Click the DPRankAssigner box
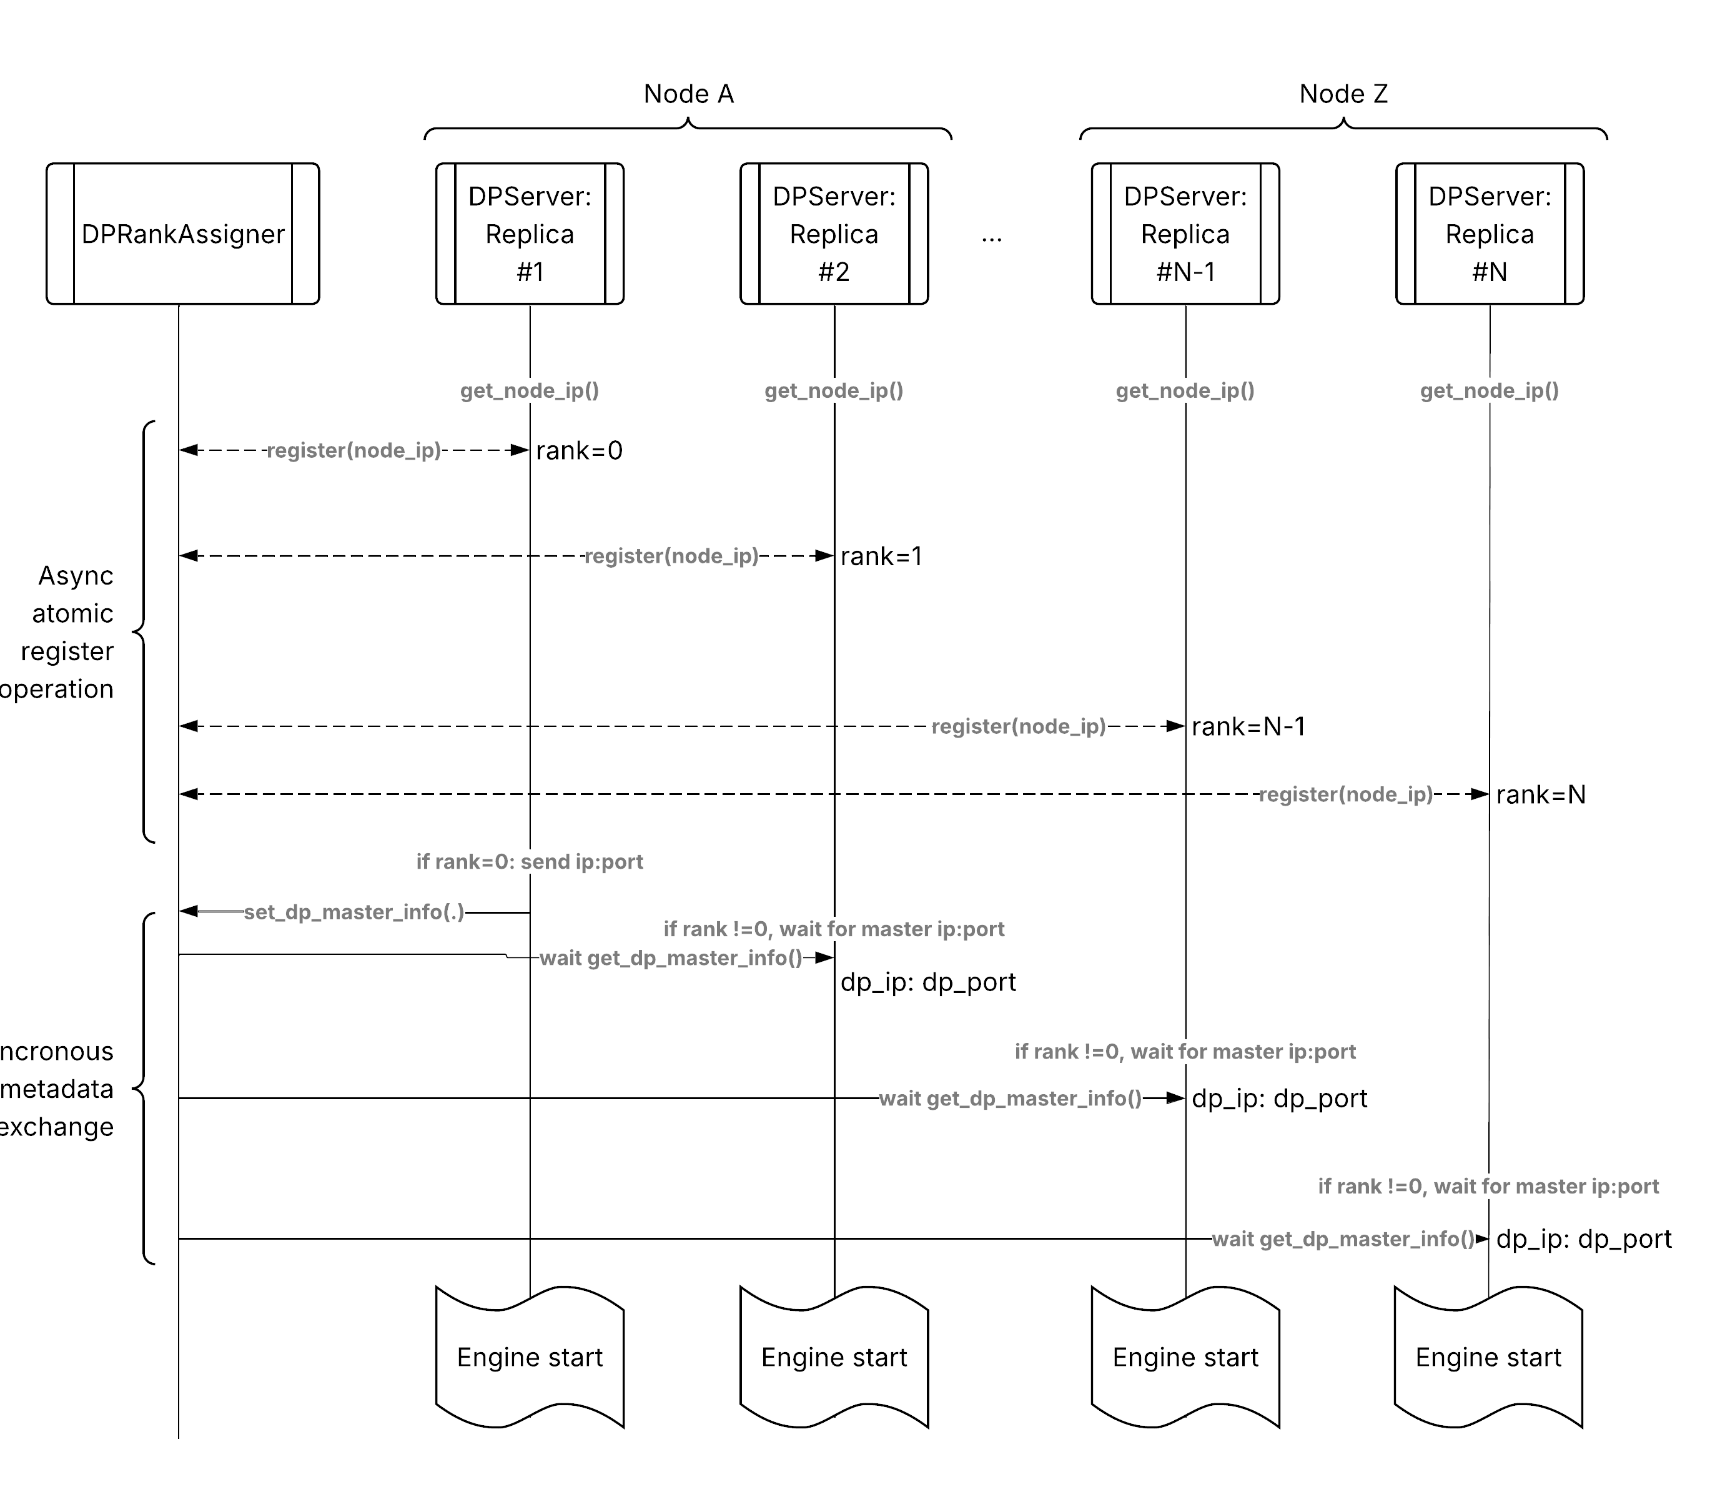click(x=182, y=234)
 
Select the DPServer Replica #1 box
click(x=530, y=234)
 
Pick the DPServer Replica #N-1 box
click(x=1185, y=234)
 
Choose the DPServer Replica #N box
click(x=1490, y=234)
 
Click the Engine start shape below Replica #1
click(x=530, y=1357)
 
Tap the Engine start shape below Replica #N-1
click(x=1185, y=1357)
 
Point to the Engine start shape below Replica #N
click(x=1488, y=1357)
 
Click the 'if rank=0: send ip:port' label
click(x=530, y=862)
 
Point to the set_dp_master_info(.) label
click(x=354, y=912)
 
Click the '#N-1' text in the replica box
click(x=1185, y=272)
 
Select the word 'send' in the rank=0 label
click(x=545, y=862)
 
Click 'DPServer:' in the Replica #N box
click(x=1490, y=197)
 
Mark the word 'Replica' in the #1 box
click(x=530, y=235)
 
